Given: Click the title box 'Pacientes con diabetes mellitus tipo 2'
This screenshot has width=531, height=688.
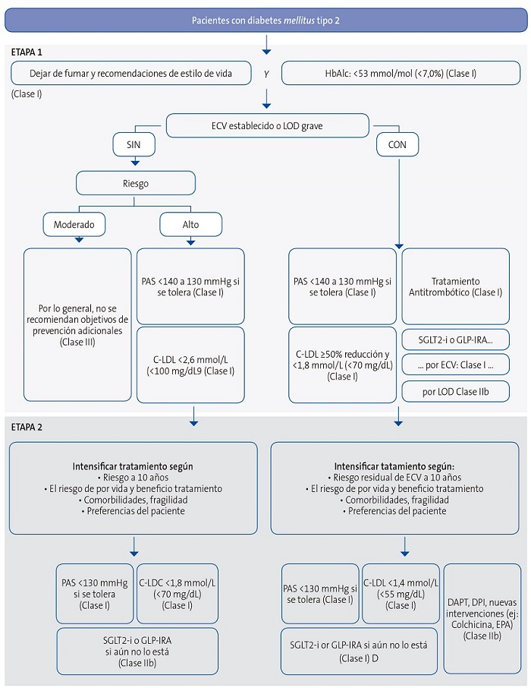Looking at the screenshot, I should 265,19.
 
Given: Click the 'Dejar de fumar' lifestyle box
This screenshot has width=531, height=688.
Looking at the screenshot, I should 130,74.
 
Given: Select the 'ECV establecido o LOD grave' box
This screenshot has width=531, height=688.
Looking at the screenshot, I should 268,125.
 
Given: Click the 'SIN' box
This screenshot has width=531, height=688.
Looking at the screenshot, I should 136,144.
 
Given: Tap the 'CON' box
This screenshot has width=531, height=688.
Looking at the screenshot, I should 397,144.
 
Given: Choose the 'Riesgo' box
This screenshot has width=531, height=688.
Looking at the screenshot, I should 136,182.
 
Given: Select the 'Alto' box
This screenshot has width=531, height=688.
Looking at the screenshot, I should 190,224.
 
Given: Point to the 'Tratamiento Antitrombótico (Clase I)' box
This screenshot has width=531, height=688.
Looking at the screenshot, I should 455,286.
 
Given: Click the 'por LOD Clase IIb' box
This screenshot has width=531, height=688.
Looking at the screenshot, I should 455,391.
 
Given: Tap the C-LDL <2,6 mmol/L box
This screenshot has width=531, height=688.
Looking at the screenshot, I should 190,364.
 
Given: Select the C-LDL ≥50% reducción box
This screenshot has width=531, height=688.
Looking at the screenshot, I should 343,364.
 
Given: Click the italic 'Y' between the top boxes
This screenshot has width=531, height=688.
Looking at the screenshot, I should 266,74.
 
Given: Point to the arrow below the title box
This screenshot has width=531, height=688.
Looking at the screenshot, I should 265,47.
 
